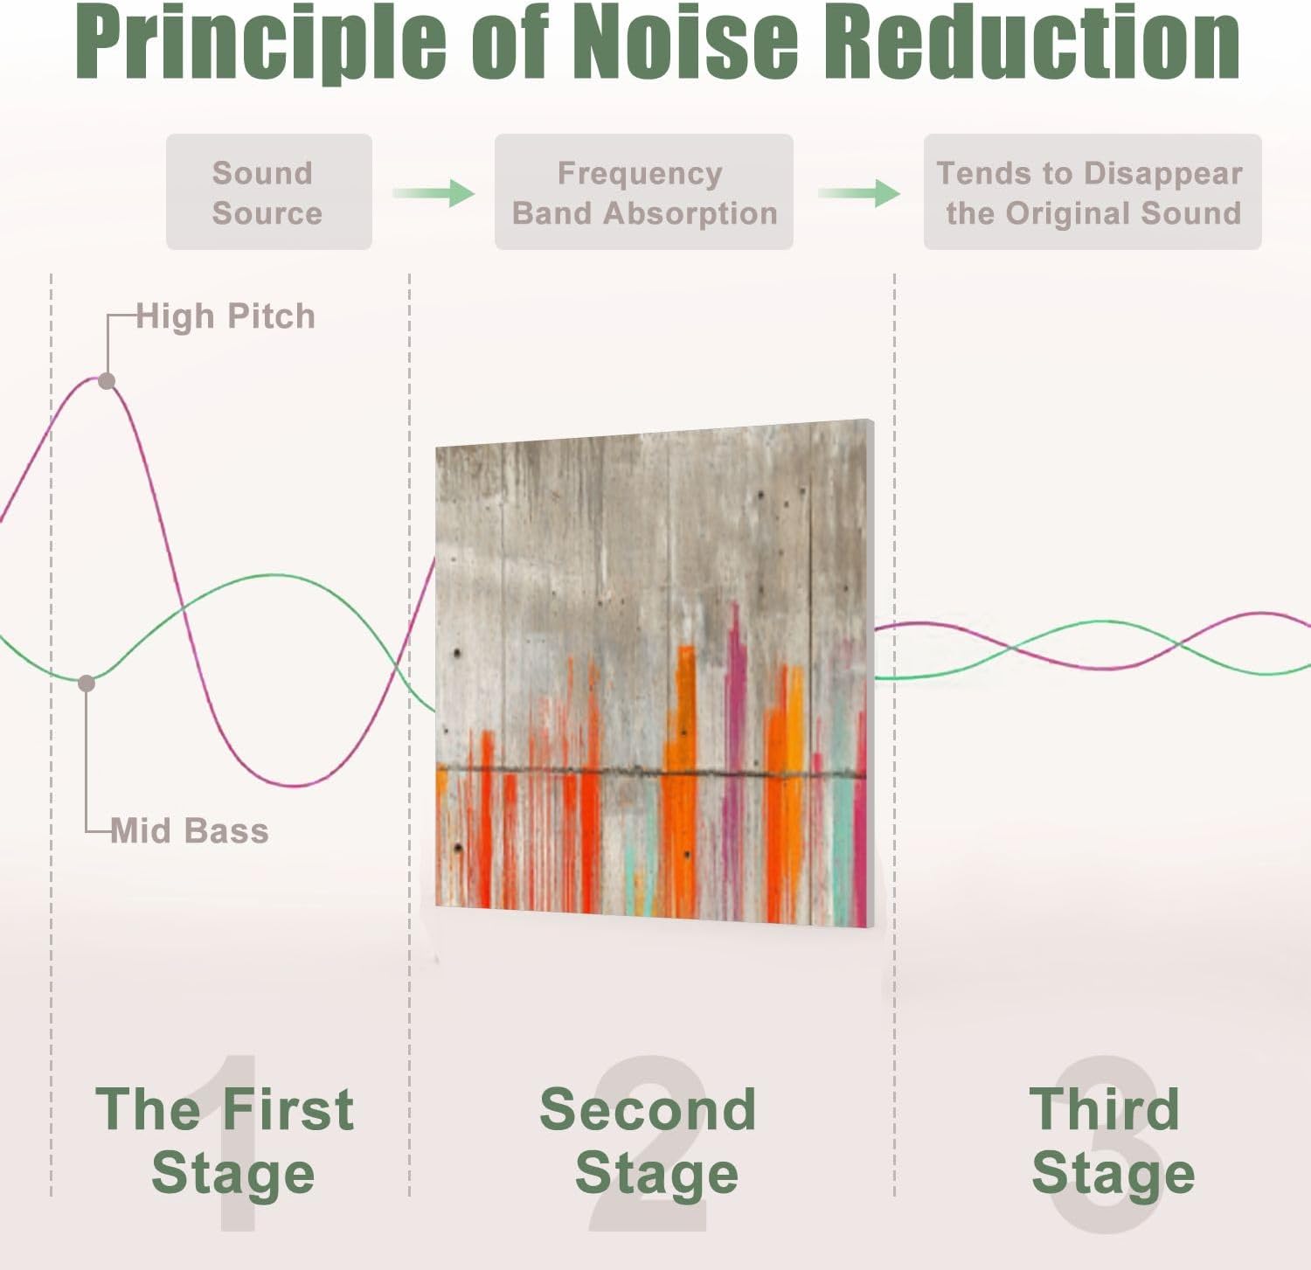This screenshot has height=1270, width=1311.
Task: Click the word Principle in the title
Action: tap(261, 42)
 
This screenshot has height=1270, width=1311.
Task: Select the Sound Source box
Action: tap(269, 192)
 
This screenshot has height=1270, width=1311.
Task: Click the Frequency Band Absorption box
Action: tap(644, 192)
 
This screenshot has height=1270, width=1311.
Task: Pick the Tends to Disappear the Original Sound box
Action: tap(1092, 192)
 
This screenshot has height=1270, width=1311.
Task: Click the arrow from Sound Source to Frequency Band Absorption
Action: tap(434, 192)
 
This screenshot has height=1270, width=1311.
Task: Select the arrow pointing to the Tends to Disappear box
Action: tap(859, 192)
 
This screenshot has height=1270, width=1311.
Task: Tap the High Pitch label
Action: tap(225, 316)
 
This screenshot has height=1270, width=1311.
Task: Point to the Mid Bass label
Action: tap(190, 830)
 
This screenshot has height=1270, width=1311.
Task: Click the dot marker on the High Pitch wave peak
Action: tap(107, 381)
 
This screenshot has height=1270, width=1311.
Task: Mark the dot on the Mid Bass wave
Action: tap(87, 684)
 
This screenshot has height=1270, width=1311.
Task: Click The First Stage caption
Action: tap(225, 1141)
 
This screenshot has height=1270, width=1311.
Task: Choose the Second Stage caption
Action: tap(649, 1141)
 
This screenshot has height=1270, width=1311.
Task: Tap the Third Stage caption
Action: tap(1112, 1141)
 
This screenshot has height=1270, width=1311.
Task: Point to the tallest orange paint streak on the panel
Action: tap(683, 782)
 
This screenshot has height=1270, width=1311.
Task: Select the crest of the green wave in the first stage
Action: tap(274, 576)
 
